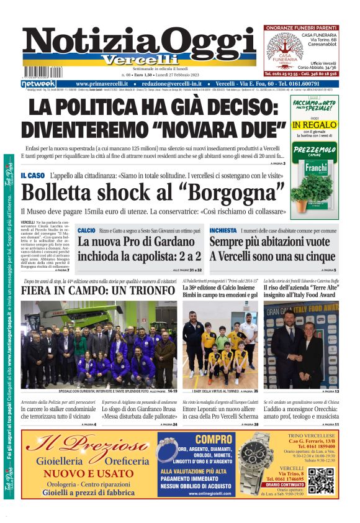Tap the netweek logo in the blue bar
(x=38, y=83)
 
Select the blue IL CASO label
(x=32, y=175)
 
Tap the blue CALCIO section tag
(x=86, y=230)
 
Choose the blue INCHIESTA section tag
(x=223, y=230)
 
